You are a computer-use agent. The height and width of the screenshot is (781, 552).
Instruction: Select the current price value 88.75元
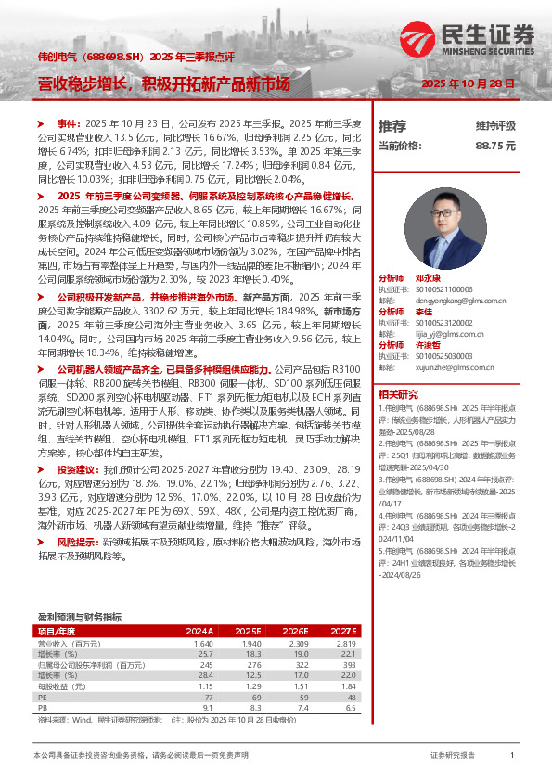click(x=495, y=147)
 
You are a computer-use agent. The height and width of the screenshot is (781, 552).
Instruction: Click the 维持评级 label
click(x=495, y=125)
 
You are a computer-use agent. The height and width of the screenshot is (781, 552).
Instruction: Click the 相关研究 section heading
click(x=397, y=393)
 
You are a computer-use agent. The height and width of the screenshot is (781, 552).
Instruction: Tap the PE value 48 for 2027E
click(x=350, y=697)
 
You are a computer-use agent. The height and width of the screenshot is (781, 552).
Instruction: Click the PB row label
click(x=42, y=708)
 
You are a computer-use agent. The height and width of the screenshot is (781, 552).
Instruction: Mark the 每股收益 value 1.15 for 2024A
click(x=206, y=686)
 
